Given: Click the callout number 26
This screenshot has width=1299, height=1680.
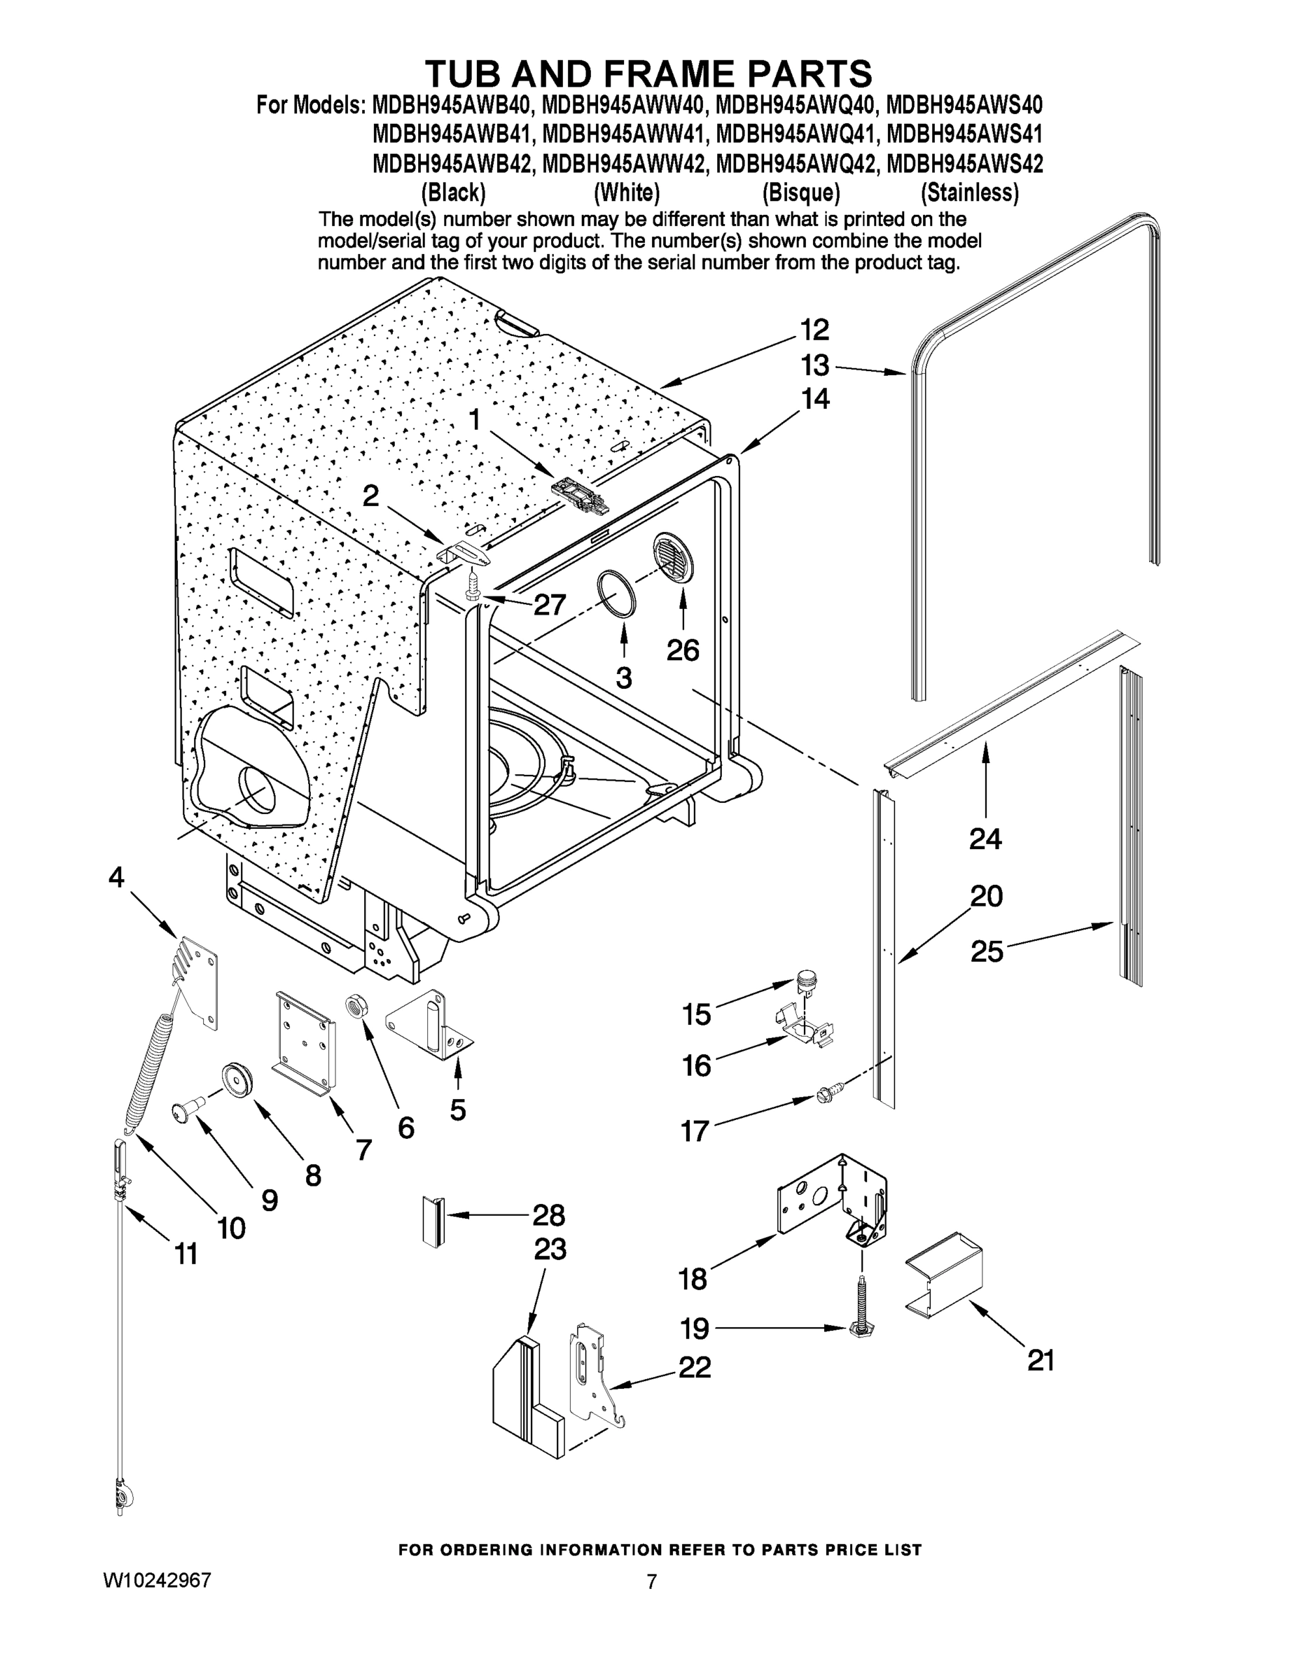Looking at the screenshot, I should pyautogui.click(x=683, y=651).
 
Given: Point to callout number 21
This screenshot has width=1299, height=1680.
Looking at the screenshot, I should pyautogui.click(x=1041, y=1361).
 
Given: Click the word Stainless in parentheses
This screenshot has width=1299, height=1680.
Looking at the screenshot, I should pyautogui.click(x=969, y=192).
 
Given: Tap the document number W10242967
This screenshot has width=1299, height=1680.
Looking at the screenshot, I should pyautogui.click(x=157, y=1581).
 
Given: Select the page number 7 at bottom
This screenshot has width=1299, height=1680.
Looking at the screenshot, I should pyautogui.click(x=651, y=1582).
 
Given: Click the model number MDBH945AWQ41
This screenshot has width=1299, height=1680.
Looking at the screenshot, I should pyautogui.click(x=796, y=134).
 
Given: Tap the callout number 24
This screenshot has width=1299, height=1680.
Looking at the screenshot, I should pyautogui.click(x=985, y=839).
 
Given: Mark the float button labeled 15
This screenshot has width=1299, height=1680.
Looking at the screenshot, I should pyautogui.click(x=805, y=979).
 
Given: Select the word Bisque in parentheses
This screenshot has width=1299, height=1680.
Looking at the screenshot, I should pyautogui.click(x=800, y=192).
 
